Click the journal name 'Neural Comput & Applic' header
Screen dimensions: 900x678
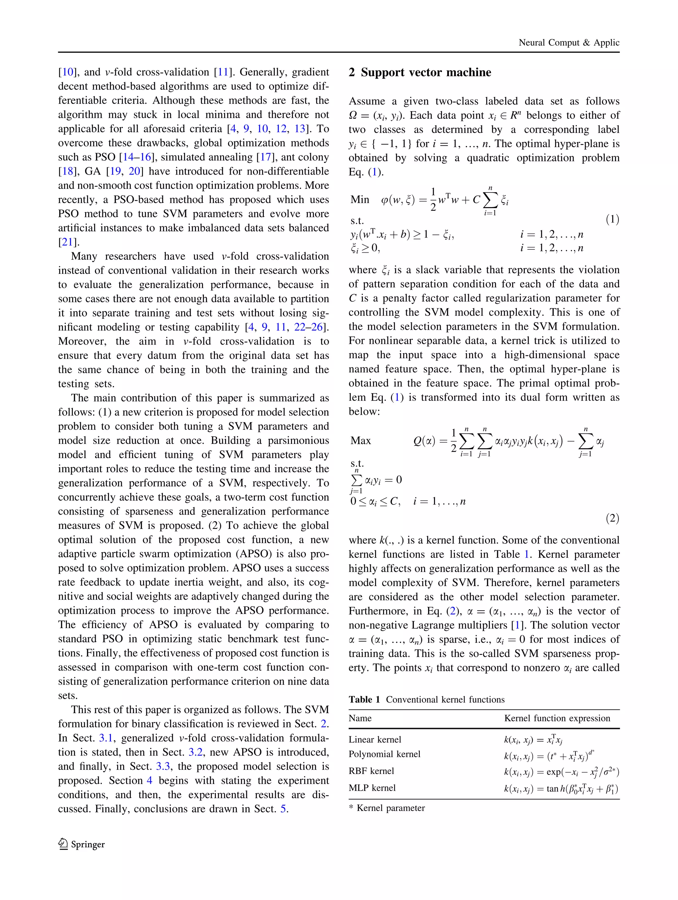[x=568, y=42]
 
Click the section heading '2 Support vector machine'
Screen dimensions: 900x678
[x=420, y=72]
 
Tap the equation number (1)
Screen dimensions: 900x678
[x=612, y=220]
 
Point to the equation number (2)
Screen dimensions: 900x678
[x=612, y=518]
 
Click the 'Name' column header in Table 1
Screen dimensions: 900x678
[x=360, y=718]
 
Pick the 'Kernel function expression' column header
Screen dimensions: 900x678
[x=557, y=718]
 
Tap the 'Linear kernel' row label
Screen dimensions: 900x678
[x=375, y=739]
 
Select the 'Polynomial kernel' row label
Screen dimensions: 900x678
[x=384, y=754]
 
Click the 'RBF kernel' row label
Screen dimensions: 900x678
[x=371, y=771]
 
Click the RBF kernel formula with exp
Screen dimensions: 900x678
[x=561, y=771]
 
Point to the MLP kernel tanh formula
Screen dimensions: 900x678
[x=561, y=789]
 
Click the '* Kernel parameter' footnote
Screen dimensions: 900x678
[x=387, y=808]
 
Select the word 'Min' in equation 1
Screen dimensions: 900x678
[x=360, y=200]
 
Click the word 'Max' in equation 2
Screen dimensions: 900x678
[x=361, y=441]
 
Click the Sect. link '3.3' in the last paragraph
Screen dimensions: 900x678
[x=163, y=766]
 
